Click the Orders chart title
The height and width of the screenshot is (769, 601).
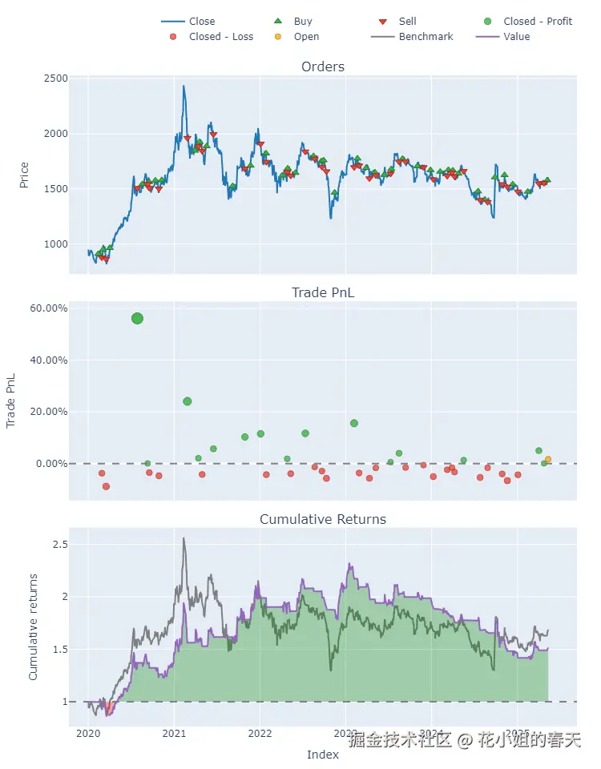(323, 66)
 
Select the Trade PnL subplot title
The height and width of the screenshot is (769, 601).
(323, 292)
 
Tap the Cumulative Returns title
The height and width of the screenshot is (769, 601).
(323, 519)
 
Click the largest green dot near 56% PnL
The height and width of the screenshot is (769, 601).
(137, 318)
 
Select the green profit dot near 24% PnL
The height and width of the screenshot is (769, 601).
(188, 401)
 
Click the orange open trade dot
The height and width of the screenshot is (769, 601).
(548, 459)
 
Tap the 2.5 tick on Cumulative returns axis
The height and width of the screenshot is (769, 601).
(58, 545)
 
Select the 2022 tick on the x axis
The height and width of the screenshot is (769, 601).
(260, 733)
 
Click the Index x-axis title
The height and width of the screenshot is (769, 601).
(323, 755)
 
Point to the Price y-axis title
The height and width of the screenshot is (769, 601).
(24, 175)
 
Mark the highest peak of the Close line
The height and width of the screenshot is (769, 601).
(184, 86)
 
